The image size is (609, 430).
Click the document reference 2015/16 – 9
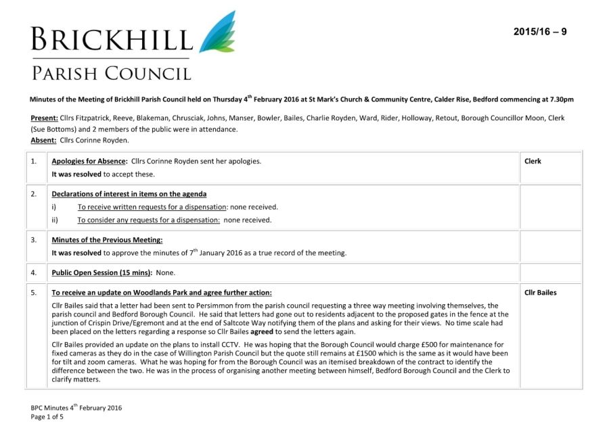[540, 32]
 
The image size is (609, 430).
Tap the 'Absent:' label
[43, 140]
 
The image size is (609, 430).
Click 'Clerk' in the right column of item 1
[533, 162]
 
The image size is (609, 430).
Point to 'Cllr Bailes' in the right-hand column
[541, 293]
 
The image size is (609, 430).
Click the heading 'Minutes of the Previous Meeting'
[107, 240]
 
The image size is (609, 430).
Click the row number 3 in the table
[34, 240]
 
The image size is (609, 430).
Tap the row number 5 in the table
[34, 293]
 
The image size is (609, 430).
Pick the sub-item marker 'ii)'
[55, 220]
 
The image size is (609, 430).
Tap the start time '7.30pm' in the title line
[560, 99]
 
